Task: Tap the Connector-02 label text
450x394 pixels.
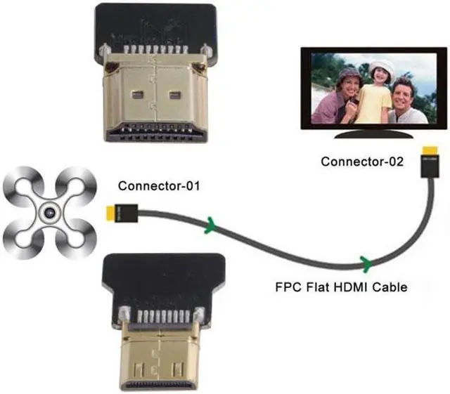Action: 362,162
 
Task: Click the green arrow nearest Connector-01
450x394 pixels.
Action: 210,227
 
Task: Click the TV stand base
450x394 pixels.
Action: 371,136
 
